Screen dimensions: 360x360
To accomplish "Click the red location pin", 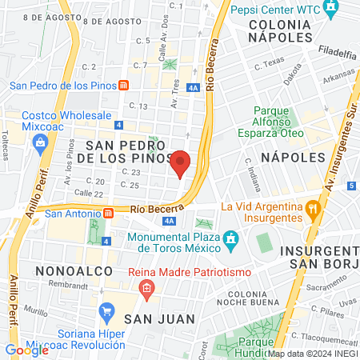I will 182,164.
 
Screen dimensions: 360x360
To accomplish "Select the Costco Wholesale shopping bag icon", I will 39,142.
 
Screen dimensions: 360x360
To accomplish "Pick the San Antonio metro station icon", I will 109,214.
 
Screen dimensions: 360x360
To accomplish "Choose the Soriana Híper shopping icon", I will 105,310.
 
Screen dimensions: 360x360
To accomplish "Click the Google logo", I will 26,350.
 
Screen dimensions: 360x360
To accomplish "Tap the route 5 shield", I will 353,186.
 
